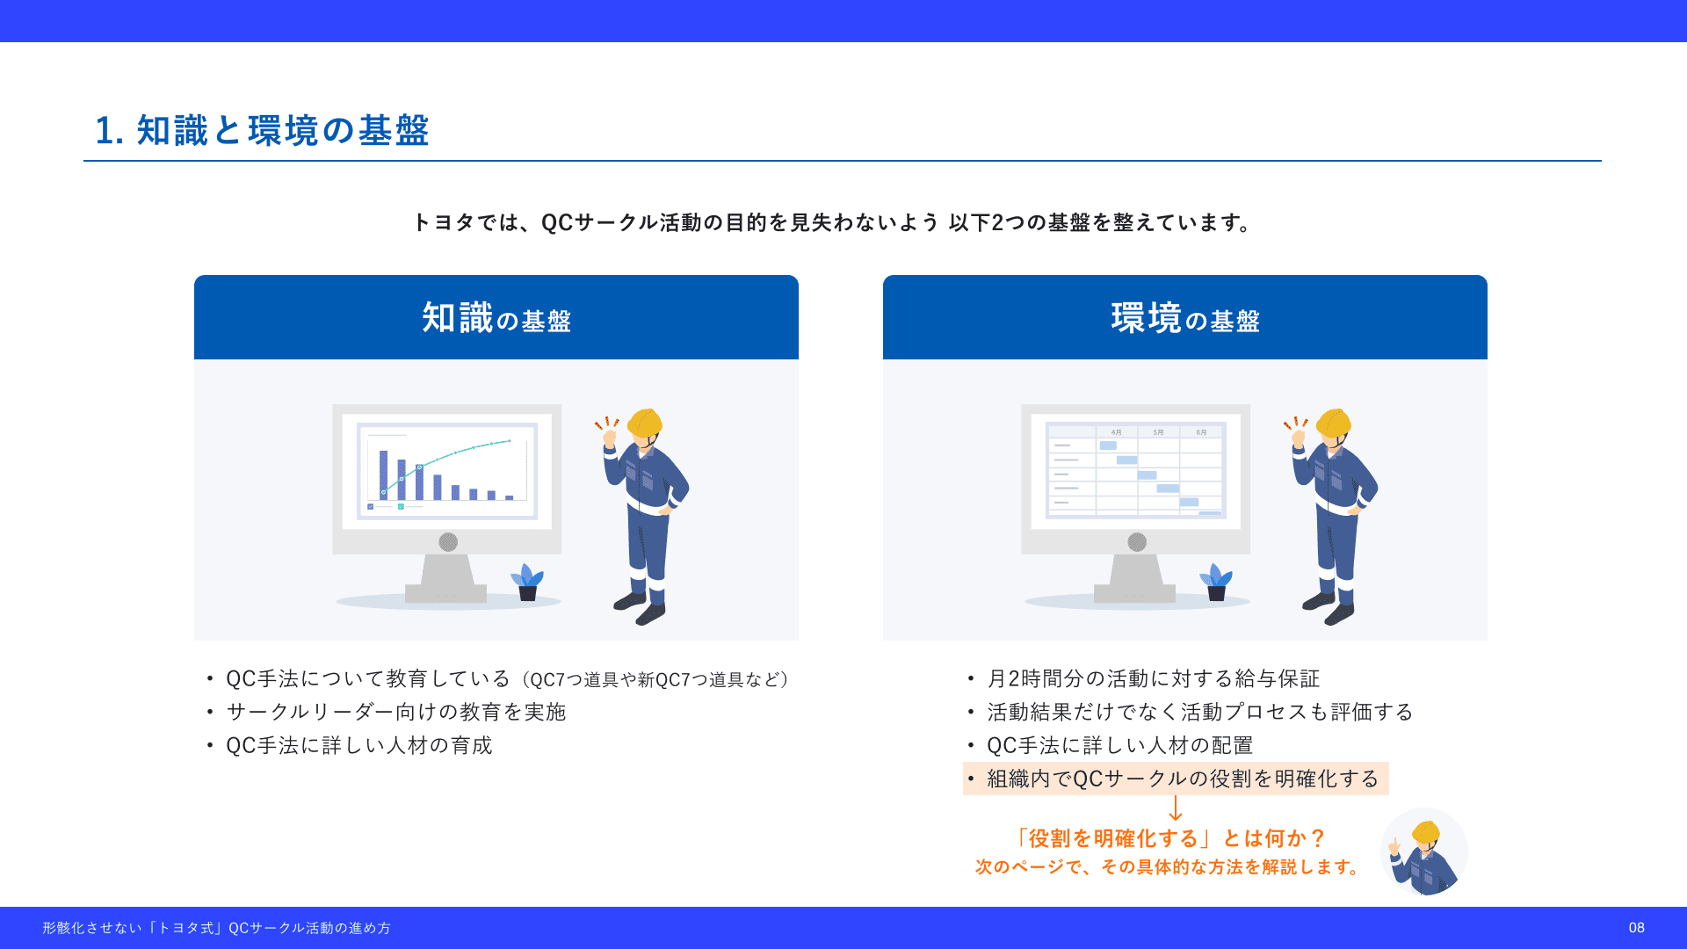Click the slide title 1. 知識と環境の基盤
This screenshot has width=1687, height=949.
click(x=262, y=130)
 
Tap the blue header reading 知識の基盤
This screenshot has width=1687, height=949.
click(x=496, y=317)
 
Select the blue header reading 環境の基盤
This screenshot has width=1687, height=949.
click(x=1185, y=317)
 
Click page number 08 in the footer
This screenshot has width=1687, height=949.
click(x=1636, y=928)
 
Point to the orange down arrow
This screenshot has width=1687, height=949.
click(x=1176, y=808)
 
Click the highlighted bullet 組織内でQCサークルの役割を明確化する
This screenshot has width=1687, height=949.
click(x=1176, y=779)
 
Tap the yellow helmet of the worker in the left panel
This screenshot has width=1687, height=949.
click(x=646, y=423)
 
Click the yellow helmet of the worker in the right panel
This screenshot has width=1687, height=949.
click(x=1335, y=423)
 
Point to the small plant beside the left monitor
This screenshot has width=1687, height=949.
click(x=527, y=583)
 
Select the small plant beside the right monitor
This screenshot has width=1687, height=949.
click(x=1216, y=583)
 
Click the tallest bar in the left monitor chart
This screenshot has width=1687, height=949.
click(x=383, y=474)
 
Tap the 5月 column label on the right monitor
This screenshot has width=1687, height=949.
click(x=1158, y=432)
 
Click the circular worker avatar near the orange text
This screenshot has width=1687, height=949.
click(x=1424, y=851)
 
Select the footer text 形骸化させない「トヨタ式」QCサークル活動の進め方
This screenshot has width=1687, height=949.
click(x=216, y=928)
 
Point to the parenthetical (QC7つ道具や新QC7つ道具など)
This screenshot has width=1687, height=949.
click(x=655, y=679)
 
